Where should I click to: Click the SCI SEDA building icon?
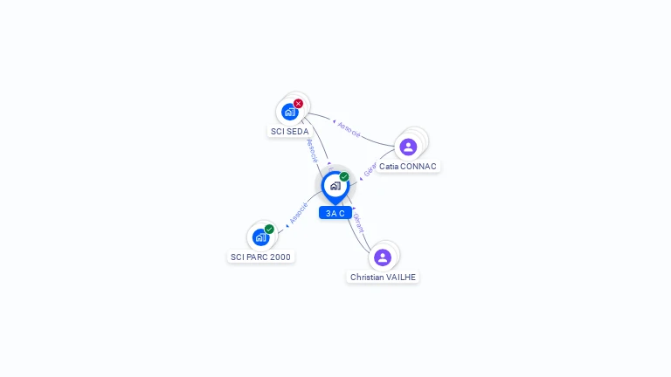click(289, 112)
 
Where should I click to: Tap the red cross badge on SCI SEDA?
click(298, 104)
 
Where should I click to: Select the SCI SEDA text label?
click(289, 132)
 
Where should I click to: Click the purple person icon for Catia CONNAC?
click(408, 147)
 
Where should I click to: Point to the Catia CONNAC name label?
click(408, 167)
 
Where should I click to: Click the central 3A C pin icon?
click(335, 186)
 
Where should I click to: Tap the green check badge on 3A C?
click(344, 177)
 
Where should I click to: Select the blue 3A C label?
click(335, 213)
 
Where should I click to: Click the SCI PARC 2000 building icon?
click(260, 236)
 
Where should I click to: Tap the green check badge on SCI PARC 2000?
click(269, 229)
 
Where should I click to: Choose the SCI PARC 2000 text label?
click(260, 257)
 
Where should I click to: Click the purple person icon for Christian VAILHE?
click(383, 257)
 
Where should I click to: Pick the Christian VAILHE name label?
click(383, 278)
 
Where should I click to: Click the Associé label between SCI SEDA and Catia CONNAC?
click(349, 129)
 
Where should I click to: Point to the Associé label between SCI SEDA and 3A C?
click(312, 150)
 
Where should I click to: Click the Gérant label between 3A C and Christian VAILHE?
click(357, 223)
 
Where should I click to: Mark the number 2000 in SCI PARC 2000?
click(280, 257)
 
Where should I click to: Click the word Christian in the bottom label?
click(366, 278)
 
